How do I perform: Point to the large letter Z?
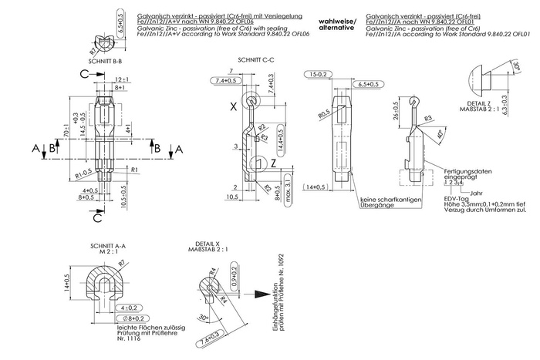(273, 163)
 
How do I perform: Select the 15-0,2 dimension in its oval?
(319, 74)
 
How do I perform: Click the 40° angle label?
(440, 136)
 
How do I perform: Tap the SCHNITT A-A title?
(108, 247)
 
